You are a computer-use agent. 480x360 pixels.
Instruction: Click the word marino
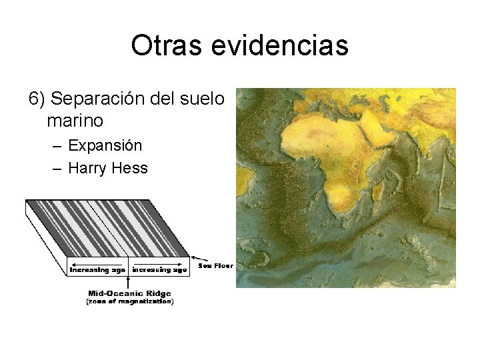75,121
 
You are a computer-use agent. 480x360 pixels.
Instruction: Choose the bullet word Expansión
105,145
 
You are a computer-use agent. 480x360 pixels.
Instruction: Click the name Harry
89,168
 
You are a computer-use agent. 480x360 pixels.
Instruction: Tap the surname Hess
131,168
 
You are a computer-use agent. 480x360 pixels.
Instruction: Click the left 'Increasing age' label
97,270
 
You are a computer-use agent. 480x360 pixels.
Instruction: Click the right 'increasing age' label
160,270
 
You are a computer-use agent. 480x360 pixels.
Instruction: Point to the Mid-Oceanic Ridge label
129,293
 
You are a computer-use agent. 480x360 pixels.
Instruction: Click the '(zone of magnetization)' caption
129,302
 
